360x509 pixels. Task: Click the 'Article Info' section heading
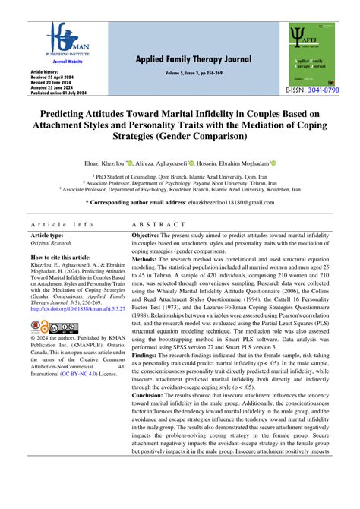point(62,225)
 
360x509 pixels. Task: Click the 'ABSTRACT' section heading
point(158,225)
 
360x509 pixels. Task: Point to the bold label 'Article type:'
point(48,236)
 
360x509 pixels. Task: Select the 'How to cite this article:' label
point(68,258)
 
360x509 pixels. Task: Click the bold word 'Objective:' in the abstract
point(154,236)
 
